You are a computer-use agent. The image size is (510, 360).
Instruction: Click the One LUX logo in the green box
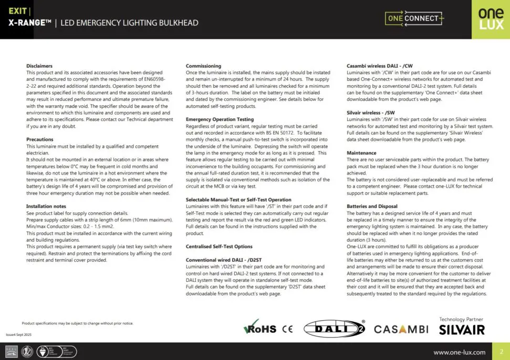tap(491, 19)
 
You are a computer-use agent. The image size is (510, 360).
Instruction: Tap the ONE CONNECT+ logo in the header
tap(414, 19)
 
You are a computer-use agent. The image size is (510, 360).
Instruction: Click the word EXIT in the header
tap(17, 11)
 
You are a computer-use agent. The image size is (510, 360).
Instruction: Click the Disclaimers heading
tap(39, 66)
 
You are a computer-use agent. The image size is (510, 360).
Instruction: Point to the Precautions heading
tap(40, 140)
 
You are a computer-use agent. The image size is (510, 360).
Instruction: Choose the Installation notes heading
tap(46, 207)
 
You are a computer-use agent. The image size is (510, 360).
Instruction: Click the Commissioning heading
tap(203, 66)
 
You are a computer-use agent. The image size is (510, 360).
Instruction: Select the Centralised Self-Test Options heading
tap(219, 246)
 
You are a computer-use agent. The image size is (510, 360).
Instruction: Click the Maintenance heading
tap(361, 153)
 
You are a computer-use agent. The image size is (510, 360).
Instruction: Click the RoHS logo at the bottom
tap(260, 328)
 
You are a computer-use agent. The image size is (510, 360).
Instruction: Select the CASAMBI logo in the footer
tap(401, 330)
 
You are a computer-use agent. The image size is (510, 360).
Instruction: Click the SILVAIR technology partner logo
tap(462, 330)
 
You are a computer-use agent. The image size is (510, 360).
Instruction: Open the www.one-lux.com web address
tap(459, 352)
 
